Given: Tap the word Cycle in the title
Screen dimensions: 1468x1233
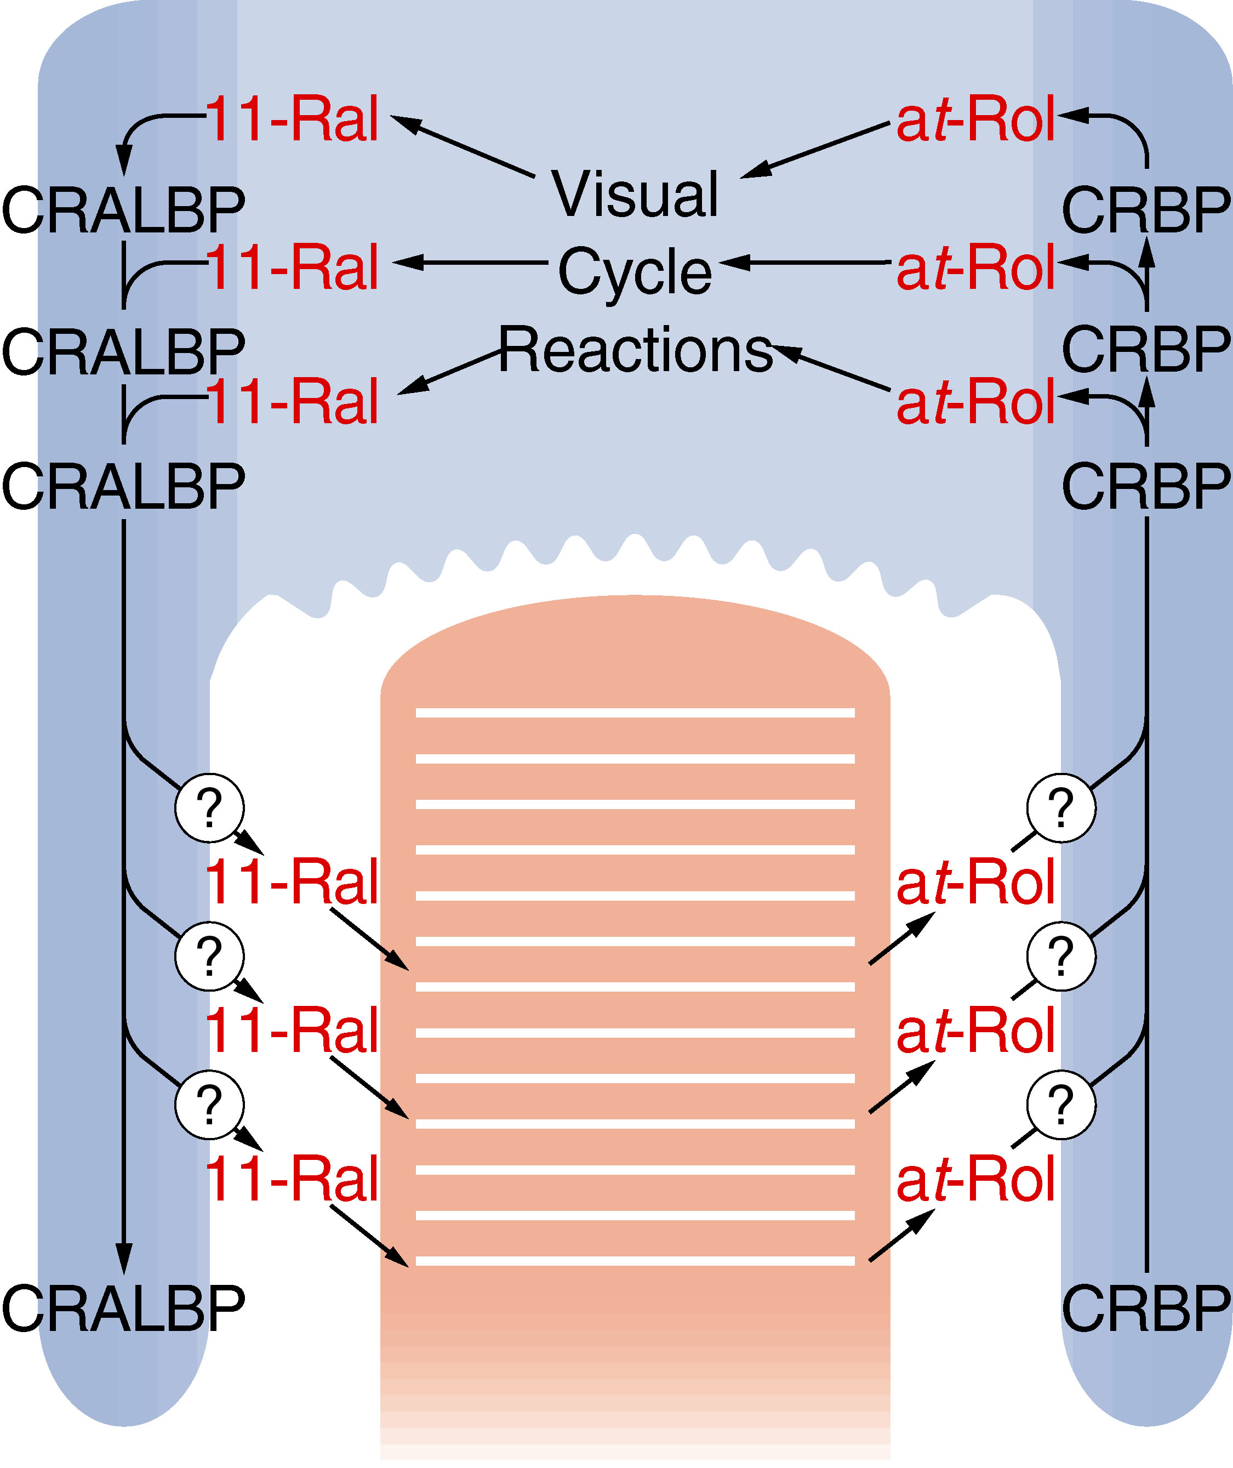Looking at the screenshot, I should coord(635,271).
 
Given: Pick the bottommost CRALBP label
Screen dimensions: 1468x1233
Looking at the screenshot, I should coord(124,1310).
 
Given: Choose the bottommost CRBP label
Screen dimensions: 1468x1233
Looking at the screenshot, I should coord(1146,1310).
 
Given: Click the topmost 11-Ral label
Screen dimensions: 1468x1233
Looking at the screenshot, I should coord(292,119).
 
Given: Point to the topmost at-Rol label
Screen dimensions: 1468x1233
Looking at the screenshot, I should coord(975,120).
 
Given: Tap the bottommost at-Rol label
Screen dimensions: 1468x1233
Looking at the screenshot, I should coord(975,1181).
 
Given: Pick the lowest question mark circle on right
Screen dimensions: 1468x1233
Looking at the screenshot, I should coord(1061,1105).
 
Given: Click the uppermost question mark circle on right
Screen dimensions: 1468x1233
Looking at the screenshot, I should coord(1061,807).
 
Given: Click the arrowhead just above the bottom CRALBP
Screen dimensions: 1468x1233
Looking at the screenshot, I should coord(124,1258).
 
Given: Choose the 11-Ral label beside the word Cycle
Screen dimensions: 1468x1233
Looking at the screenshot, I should coord(292,267).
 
